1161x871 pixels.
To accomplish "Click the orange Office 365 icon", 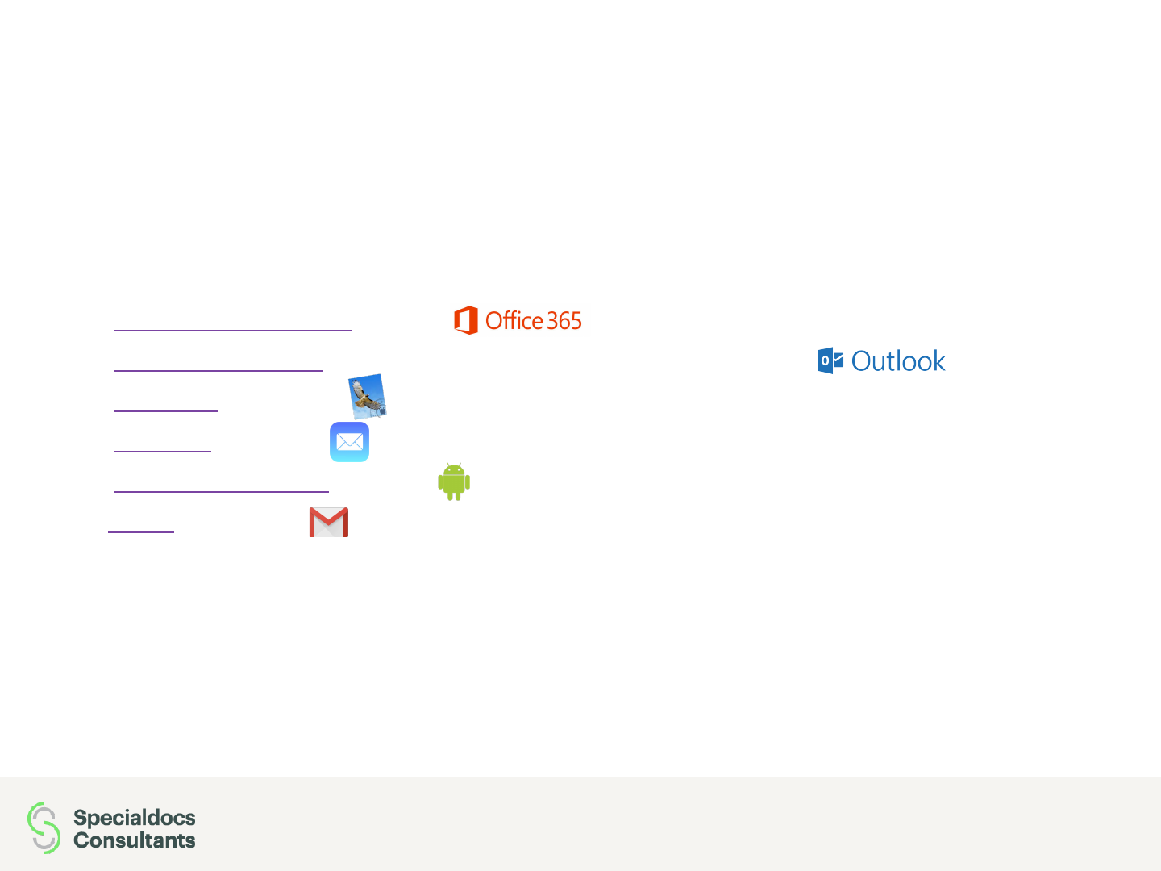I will [466, 320].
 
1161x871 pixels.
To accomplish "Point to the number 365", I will [564, 321].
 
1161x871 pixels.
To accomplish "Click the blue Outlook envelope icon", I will [830, 360].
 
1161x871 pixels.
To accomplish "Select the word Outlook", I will [897, 361].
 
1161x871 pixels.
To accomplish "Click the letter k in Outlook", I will [938, 361].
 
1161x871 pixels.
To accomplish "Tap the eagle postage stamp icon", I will [368, 396].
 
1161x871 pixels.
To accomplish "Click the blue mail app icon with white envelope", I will [349, 442].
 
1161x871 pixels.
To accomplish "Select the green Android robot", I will [454, 482].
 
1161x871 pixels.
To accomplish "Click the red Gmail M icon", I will [329, 522].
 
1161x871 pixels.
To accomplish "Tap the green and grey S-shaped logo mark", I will [44, 827].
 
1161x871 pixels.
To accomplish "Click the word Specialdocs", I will [135, 817].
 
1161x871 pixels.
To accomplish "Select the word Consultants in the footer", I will [135, 840].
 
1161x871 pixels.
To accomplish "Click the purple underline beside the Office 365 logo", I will [233, 330].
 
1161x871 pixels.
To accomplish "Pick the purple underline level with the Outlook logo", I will [218, 370].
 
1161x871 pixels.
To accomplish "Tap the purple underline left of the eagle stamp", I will [166, 410].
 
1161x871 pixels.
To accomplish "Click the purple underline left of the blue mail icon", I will [163, 451].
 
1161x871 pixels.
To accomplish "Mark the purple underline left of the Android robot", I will [222, 490].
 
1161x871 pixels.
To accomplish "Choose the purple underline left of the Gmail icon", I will [141, 531].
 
